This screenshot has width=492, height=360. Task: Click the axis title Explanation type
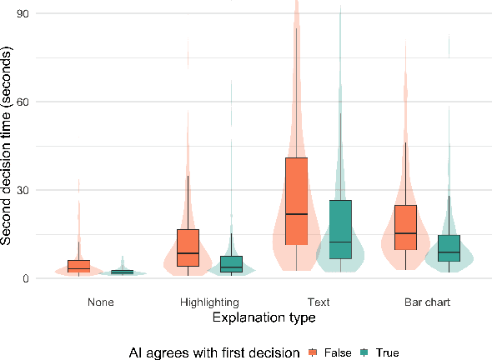point(264,317)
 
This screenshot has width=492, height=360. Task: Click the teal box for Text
point(340,229)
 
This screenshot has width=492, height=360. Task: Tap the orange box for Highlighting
point(188,247)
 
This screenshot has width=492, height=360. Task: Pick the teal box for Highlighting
point(231,264)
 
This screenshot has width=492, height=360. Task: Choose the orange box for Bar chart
point(405,227)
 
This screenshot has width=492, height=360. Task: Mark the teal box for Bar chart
point(449,248)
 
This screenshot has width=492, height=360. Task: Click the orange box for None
point(78,266)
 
